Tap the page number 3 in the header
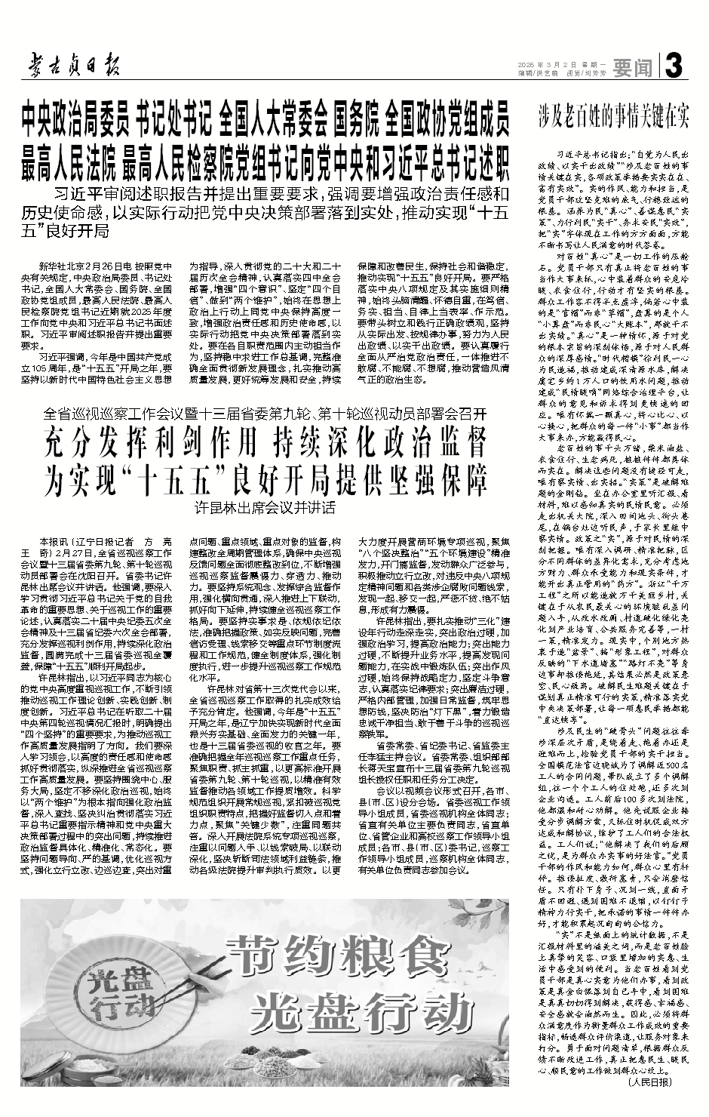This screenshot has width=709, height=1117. (674, 67)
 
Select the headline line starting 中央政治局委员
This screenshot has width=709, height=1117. (265, 118)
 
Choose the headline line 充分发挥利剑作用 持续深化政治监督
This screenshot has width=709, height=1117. (265, 445)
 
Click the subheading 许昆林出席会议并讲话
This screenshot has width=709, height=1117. (265, 507)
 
